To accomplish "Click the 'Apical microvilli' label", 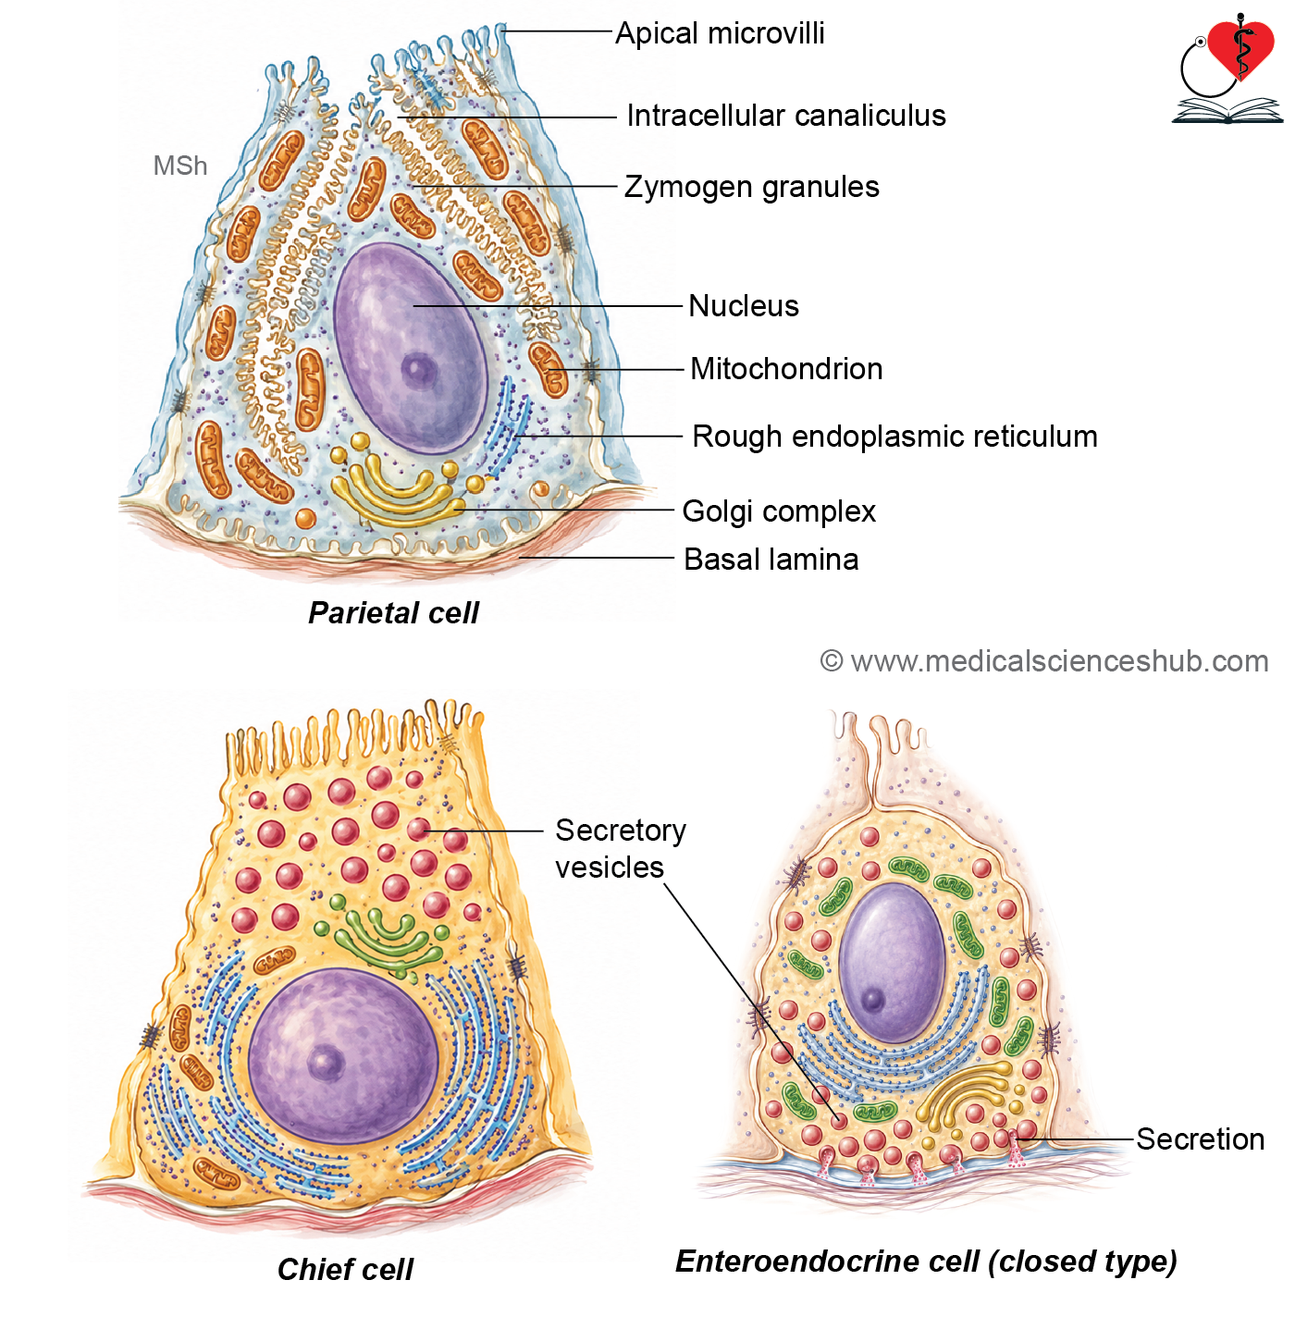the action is pyautogui.click(x=720, y=33).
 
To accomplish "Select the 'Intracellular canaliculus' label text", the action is pyautogui.click(x=786, y=116).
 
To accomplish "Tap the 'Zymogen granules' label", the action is pyautogui.click(x=751, y=187).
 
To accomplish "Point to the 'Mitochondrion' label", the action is pyautogui.click(x=786, y=369).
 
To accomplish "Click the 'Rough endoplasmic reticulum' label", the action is pyautogui.click(x=894, y=437).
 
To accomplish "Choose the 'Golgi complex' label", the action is pyautogui.click(x=779, y=511).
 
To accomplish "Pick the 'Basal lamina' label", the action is pyautogui.click(x=771, y=560).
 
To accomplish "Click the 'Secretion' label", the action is pyautogui.click(x=1200, y=1139).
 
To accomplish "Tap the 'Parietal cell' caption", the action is pyautogui.click(x=393, y=613).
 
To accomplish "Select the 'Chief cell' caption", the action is pyautogui.click(x=345, y=1270).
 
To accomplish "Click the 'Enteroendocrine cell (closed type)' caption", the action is pyautogui.click(x=927, y=1262).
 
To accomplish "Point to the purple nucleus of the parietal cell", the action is pyautogui.click(x=411, y=348).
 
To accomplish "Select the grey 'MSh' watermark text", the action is pyautogui.click(x=179, y=166).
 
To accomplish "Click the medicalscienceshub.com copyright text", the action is pyautogui.click(x=1044, y=661).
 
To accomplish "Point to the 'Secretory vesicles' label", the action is pyautogui.click(x=620, y=849).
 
